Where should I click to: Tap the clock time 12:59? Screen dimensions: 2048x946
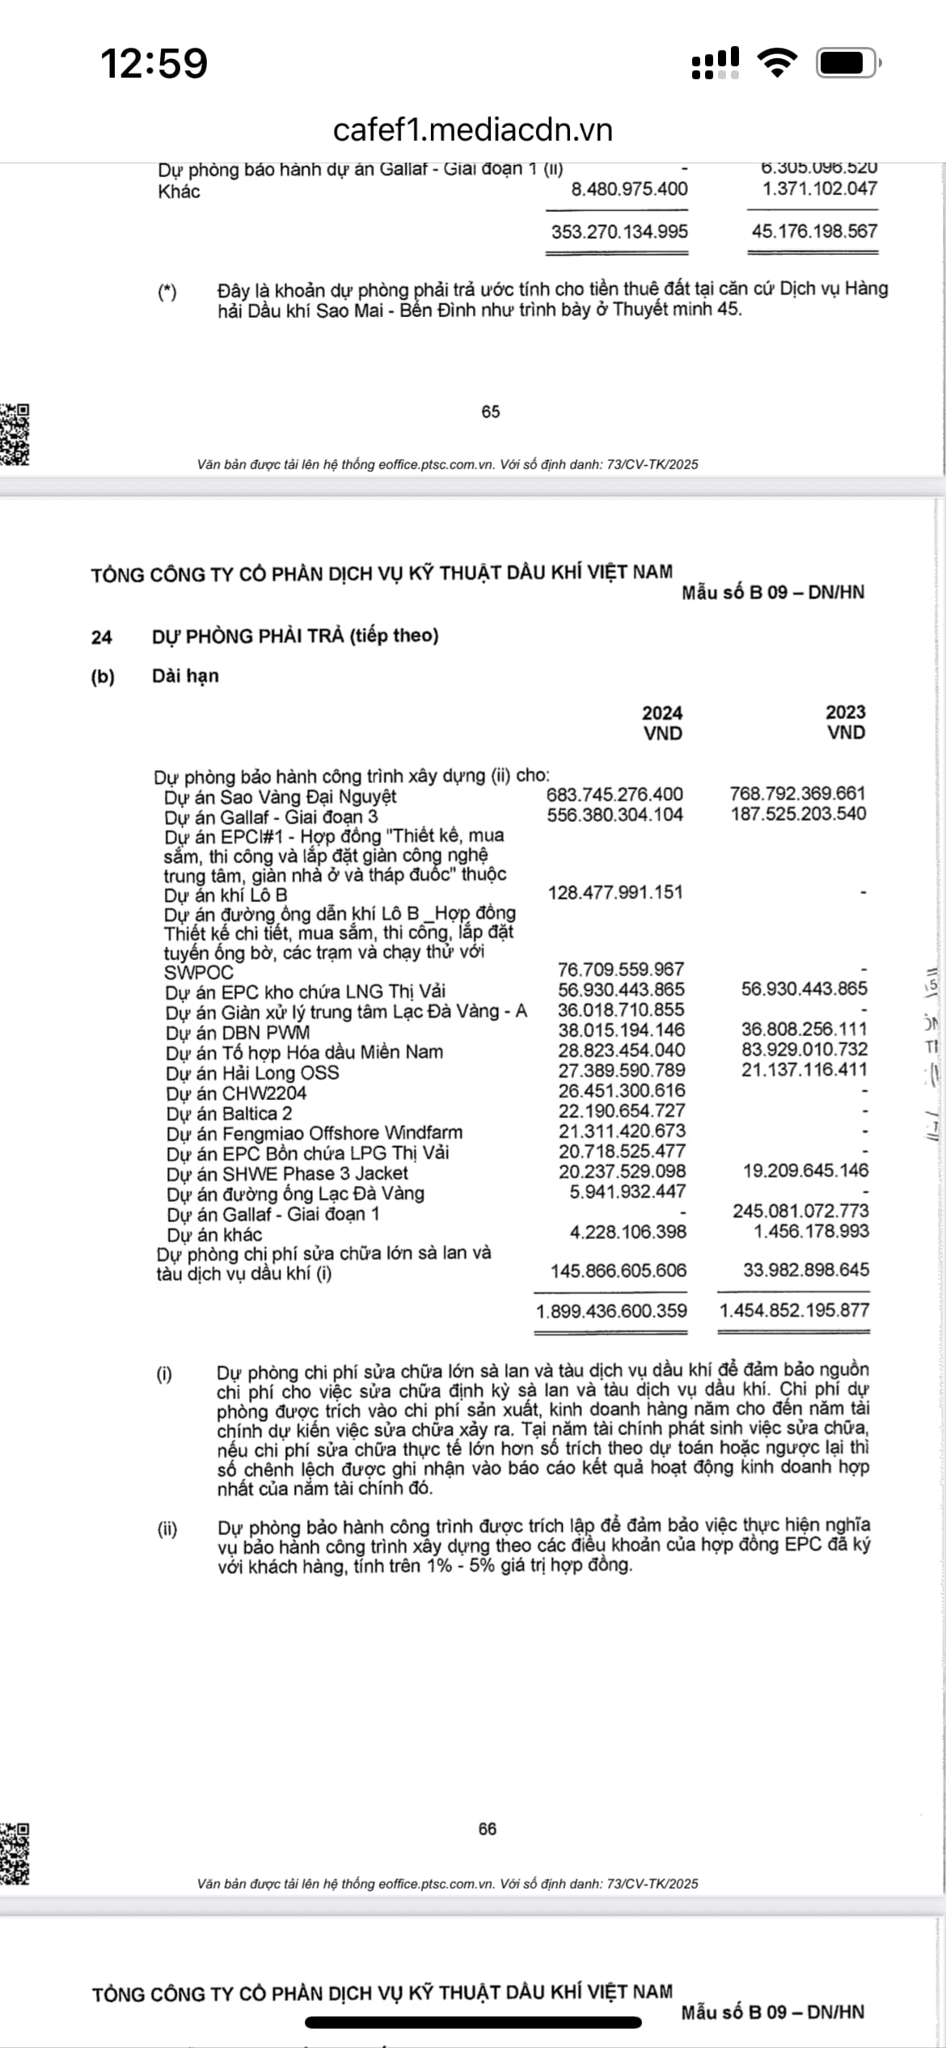pyautogui.click(x=154, y=63)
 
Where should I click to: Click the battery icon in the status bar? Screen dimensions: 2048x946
pyautogui.click(x=848, y=63)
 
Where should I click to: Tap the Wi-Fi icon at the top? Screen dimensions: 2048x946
pyautogui.click(x=776, y=62)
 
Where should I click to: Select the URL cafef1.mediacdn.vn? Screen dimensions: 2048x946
pyautogui.click(x=473, y=129)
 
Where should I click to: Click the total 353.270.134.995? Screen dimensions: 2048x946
pyautogui.click(x=619, y=232)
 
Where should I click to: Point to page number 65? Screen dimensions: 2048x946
pyautogui.click(x=491, y=412)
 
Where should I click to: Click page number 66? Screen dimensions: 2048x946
pyautogui.click(x=488, y=1829)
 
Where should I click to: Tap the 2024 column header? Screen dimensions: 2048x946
pyautogui.click(x=662, y=713)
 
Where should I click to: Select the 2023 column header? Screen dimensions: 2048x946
pyautogui.click(x=845, y=713)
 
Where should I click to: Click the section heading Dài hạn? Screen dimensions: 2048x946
pyautogui.click(x=185, y=676)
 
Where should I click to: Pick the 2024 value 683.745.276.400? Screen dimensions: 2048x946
pyautogui.click(x=614, y=795)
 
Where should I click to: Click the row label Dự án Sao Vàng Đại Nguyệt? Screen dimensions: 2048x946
pyautogui.click(x=281, y=797)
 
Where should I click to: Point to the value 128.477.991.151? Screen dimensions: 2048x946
pyautogui.click(x=615, y=893)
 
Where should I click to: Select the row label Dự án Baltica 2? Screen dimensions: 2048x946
pyautogui.click(x=230, y=1114)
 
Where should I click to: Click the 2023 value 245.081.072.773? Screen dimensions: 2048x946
pyautogui.click(x=800, y=1211)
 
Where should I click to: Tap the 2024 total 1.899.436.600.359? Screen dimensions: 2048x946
pyautogui.click(x=611, y=1311)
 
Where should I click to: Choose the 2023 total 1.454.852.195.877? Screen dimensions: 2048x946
pyautogui.click(x=794, y=1310)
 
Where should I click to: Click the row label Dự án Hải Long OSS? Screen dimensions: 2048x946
pyautogui.click(x=252, y=1073)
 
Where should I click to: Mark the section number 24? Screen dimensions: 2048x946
pyautogui.click(x=101, y=637)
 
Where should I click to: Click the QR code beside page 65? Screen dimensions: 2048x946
pyautogui.click(x=15, y=434)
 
